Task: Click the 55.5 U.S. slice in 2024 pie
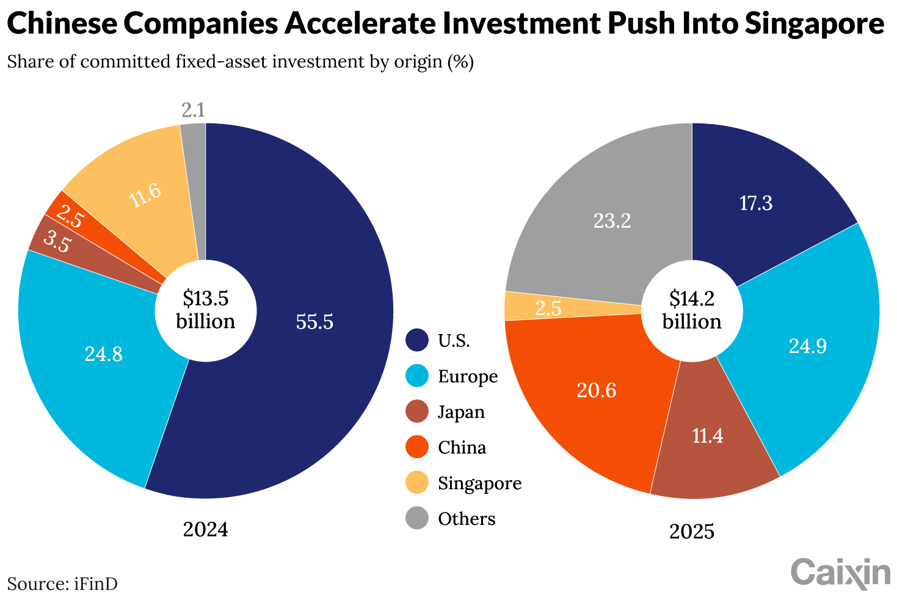[314, 322]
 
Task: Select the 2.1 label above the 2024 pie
[193, 111]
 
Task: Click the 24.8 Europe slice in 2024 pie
[103, 354]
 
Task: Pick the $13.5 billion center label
[205, 310]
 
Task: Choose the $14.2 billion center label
[692, 310]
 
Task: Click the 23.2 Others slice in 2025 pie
[612, 221]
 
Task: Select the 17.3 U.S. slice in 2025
[756, 203]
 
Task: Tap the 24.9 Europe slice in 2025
[807, 346]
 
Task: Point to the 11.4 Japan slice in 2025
[708, 436]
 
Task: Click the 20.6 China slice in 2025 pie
[596, 390]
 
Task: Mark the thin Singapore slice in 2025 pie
[548, 307]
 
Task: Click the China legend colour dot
[417, 447]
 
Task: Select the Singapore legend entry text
[479, 483]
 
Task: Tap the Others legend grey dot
[417, 519]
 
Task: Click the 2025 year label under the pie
[692, 531]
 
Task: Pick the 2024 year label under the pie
[205, 529]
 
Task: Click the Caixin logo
[841, 572]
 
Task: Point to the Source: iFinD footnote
[62, 584]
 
